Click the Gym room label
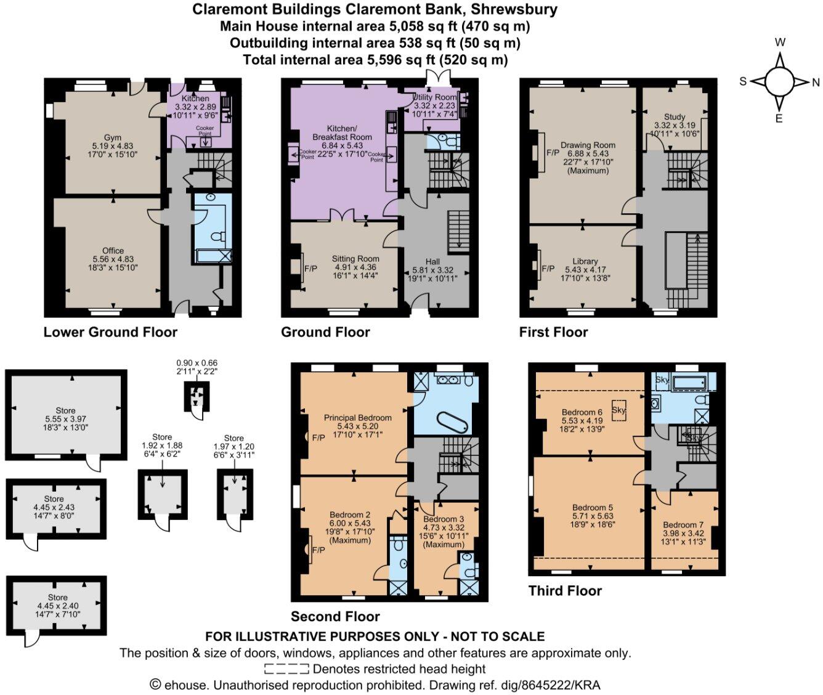(x=112, y=138)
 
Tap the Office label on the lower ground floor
(x=113, y=251)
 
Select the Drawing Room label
(x=588, y=145)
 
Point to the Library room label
(x=585, y=261)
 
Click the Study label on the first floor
(x=675, y=116)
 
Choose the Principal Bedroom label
(x=358, y=418)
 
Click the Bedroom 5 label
(x=593, y=508)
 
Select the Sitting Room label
(x=355, y=259)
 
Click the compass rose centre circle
(x=779, y=81)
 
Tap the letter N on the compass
(x=816, y=82)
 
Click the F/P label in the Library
(x=548, y=269)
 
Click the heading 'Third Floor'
(x=565, y=591)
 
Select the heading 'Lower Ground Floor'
(x=110, y=333)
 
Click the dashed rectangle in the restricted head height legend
(x=286, y=669)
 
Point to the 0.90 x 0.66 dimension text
(x=197, y=364)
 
